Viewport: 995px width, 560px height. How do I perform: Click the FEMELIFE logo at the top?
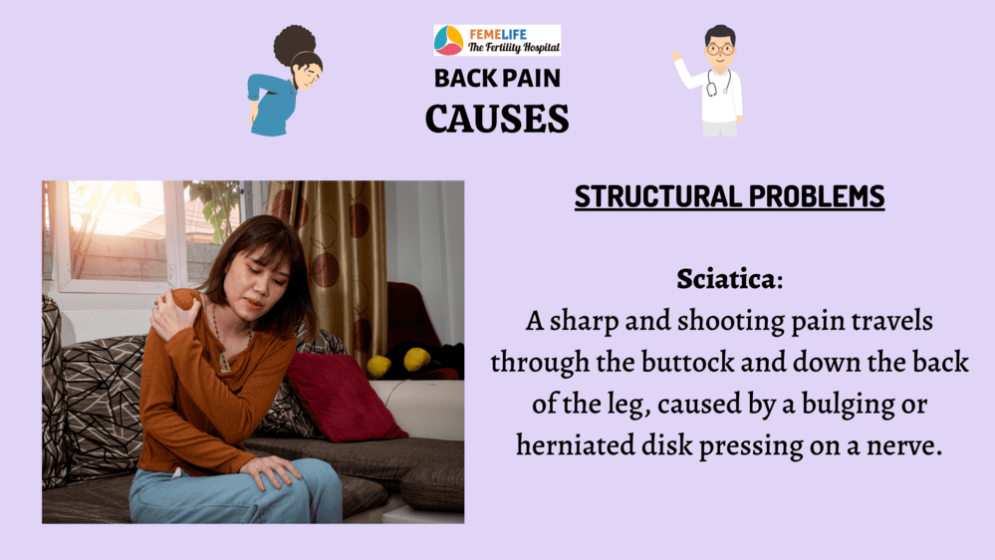click(498, 40)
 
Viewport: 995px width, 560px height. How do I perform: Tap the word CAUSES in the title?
click(497, 119)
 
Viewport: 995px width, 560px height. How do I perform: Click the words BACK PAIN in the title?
click(498, 78)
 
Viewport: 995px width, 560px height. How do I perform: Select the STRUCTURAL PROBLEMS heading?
click(729, 196)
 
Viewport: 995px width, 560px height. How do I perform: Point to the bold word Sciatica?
click(726, 279)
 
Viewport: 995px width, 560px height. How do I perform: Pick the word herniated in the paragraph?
click(575, 444)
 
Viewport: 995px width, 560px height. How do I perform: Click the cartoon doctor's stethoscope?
click(719, 83)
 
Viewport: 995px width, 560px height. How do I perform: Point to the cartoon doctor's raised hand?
click(677, 56)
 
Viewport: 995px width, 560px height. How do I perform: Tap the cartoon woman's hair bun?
click(295, 45)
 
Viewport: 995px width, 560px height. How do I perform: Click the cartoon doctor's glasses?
click(719, 49)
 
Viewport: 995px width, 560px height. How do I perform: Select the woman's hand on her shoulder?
click(173, 313)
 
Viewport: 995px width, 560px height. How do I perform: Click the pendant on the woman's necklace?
click(224, 362)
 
